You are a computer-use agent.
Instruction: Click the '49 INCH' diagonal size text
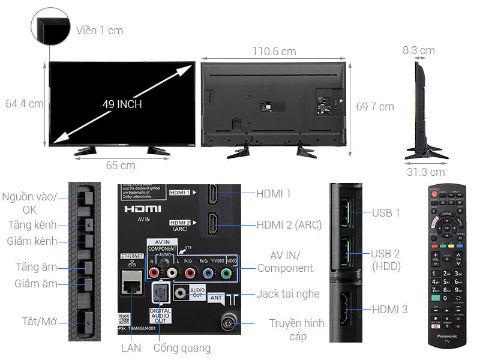point(122,104)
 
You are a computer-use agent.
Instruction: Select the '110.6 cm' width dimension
point(274,52)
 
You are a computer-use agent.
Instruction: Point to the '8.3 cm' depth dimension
point(418,50)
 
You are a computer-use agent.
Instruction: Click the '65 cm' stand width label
point(121,166)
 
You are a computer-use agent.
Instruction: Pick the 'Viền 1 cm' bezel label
point(100,30)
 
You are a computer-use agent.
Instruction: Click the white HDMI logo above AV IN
point(142,209)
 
